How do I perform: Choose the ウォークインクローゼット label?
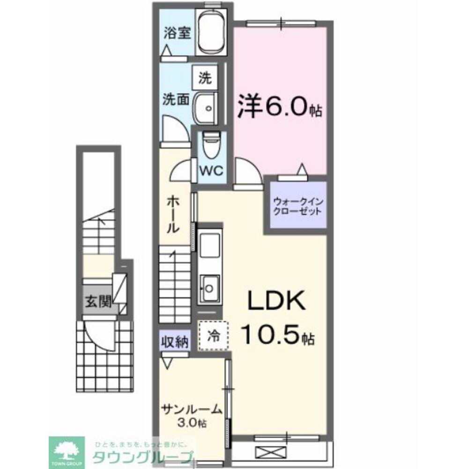(x=297, y=206)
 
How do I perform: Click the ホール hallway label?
(x=173, y=215)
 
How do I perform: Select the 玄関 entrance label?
(x=98, y=302)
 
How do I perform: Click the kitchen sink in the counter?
(x=209, y=285)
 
